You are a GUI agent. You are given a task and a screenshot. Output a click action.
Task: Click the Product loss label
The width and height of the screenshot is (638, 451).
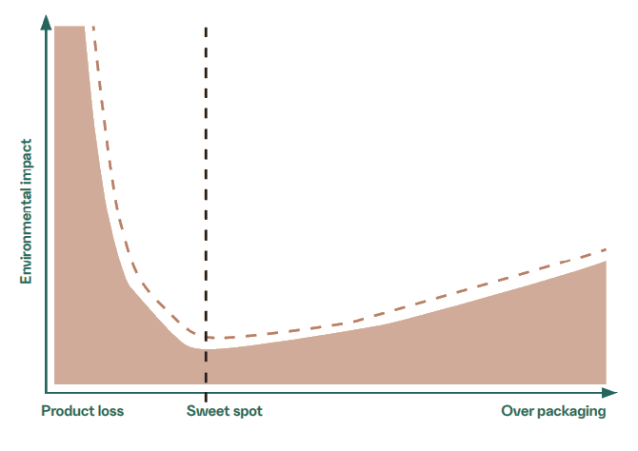tap(83, 412)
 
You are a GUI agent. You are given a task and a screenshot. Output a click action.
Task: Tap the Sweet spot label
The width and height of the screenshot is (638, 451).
tap(224, 412)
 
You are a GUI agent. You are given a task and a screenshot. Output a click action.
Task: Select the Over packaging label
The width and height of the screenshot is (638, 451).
tap(553, 412)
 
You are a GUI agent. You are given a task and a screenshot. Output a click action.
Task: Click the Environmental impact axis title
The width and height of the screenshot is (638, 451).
tap(28, 211)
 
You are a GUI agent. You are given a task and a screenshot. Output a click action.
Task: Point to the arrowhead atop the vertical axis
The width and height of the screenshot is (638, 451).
tap(45, 21)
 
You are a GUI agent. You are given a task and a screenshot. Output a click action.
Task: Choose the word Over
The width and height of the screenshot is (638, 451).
tap(517, 412)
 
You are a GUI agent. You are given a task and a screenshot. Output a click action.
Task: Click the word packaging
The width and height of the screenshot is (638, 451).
tap(572, 412)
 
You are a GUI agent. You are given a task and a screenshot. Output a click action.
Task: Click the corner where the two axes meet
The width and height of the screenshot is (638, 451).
tap(45, 392)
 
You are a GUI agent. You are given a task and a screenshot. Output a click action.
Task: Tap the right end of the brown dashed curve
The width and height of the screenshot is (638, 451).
tap(607, 250)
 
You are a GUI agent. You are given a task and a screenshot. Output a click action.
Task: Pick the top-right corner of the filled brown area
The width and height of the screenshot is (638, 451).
tap(606, 262)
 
